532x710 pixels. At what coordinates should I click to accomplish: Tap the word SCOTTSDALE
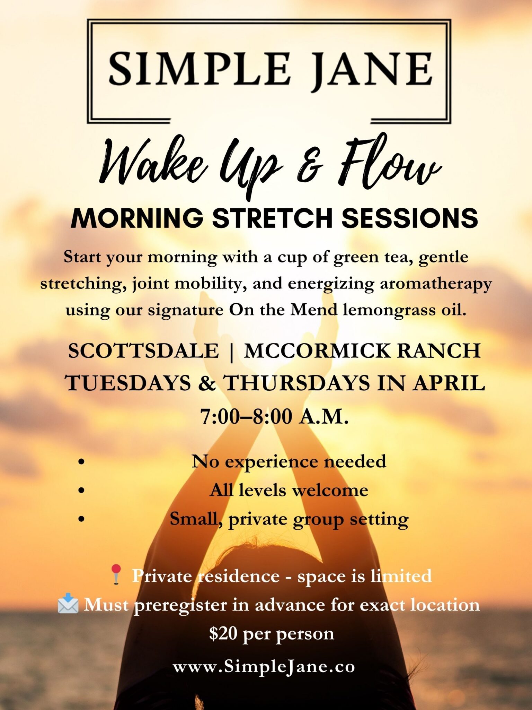[143, 350]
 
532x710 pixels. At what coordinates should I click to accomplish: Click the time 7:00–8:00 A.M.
[274, 416]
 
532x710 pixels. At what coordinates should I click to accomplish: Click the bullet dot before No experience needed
[82, 462]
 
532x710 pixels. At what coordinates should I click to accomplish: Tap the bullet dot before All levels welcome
[82, 490]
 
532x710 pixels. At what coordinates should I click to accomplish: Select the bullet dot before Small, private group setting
[82, 519]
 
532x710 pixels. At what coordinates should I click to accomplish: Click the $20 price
[223, 633]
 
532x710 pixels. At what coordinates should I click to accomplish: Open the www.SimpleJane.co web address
[264, 666]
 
